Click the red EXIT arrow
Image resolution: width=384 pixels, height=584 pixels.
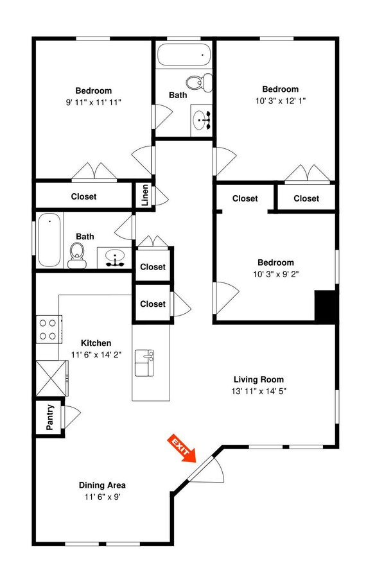181,447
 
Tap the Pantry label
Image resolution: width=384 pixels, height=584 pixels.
50,417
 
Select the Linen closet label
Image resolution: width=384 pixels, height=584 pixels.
145,195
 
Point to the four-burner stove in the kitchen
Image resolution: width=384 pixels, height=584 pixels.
48,329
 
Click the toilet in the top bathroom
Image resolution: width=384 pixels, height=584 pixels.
197,82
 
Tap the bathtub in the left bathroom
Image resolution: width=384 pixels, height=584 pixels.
49,241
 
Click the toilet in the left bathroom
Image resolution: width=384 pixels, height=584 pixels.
78,254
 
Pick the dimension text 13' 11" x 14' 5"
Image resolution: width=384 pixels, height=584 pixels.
259,391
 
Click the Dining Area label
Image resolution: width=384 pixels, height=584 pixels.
102,485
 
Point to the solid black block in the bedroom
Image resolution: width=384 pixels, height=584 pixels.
325,306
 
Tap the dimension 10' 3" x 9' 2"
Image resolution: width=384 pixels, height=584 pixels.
275,274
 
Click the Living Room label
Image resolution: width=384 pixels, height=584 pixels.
258,379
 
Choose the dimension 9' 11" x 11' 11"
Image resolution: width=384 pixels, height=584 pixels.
94,102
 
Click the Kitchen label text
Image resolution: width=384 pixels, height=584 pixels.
96,343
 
